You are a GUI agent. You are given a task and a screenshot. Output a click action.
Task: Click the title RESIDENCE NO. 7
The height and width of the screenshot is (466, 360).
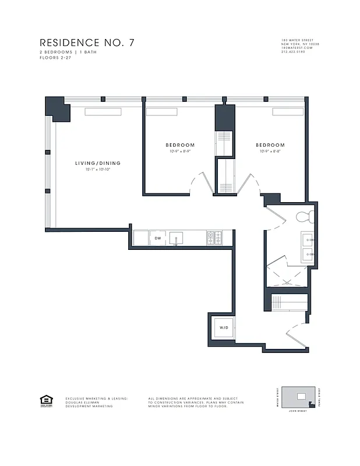(87, 43)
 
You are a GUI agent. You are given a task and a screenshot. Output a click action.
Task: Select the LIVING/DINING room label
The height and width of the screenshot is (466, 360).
(97, 163)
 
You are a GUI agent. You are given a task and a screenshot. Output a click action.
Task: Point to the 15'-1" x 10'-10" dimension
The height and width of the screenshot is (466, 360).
(97, 170)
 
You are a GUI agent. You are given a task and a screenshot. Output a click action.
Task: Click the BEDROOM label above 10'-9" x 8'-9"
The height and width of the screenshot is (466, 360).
(180, 145)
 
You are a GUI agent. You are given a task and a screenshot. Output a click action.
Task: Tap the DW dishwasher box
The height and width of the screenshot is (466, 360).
(157, 238)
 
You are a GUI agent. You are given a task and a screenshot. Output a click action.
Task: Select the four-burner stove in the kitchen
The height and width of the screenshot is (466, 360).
(214, 238)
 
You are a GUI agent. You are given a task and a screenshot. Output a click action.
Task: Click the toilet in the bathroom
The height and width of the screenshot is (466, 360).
(305, 217)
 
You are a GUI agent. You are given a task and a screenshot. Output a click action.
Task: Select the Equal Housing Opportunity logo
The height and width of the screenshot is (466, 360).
(45, 400)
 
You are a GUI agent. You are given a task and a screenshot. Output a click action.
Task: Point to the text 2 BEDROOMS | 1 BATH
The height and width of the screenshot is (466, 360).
(65, 52)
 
